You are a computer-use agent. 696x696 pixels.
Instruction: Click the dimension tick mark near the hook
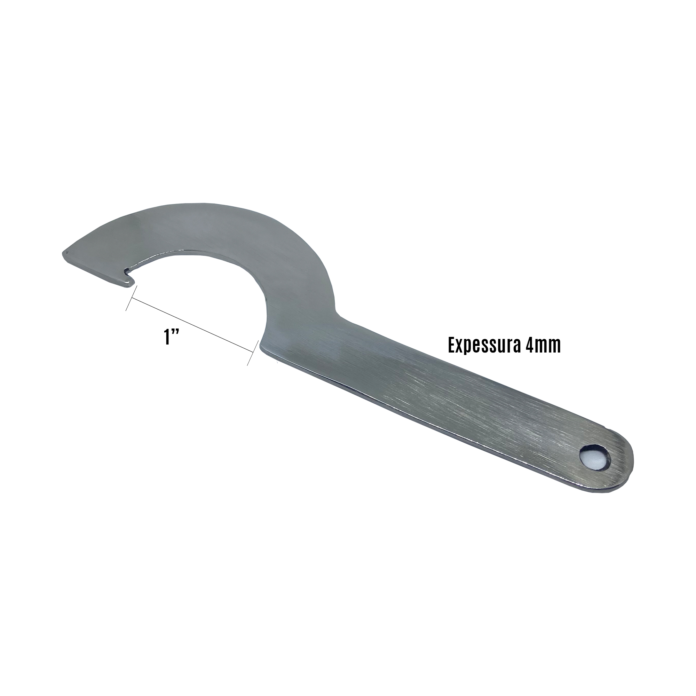(x=131, y=298)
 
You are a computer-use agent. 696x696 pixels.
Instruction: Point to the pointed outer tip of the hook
(x=64, y=253)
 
